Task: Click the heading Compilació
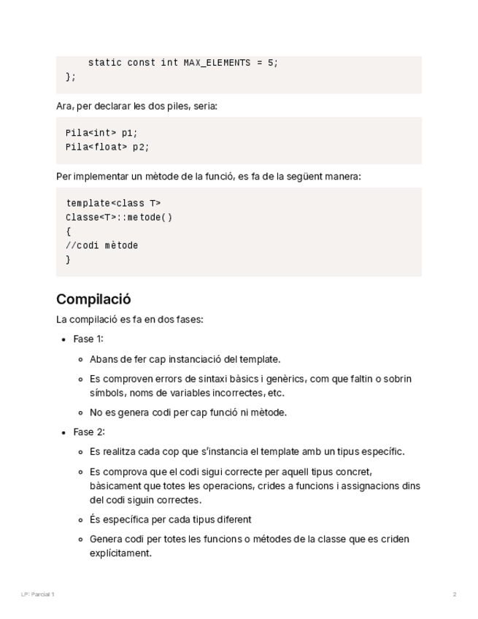click(93, 299)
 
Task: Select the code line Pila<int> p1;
click(101, 133)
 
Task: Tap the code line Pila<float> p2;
click(107, 147)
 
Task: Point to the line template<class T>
click(113, 203)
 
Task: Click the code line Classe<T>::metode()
click(119, 217)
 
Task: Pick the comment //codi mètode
click(101, 245)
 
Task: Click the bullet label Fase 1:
click(88, 339)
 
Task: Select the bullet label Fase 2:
click(89, 431)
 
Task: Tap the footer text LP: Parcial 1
click(38, 594)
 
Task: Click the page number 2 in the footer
click(455, 594)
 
